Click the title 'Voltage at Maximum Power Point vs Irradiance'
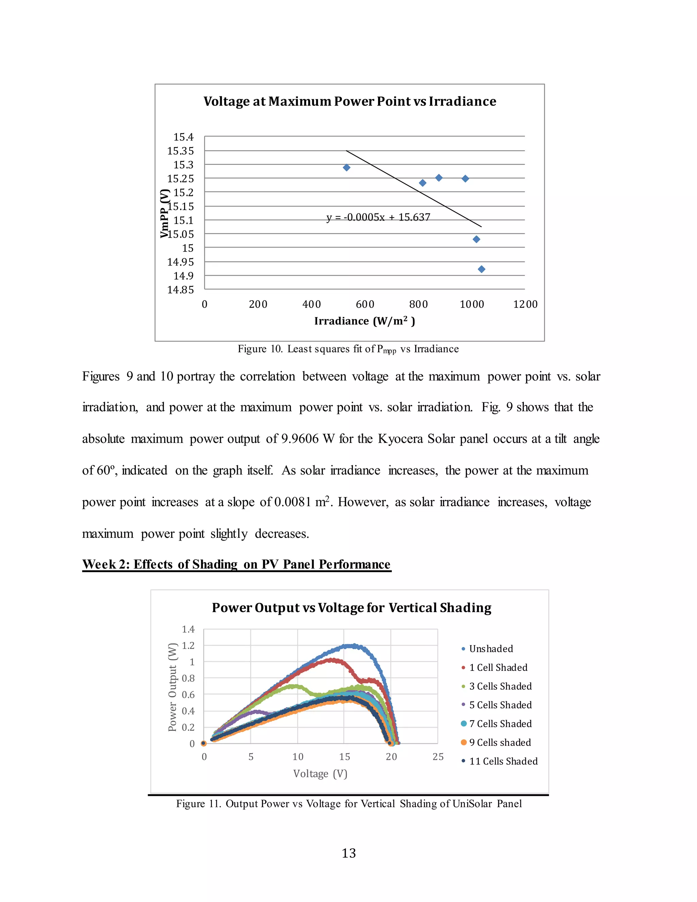pos(350,101)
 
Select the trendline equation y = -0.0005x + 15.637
pos(378,217)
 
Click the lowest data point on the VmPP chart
pos(482,269)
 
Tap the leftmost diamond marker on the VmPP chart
pos(347,168)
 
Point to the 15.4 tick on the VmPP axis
pos(183,137)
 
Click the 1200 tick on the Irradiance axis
pos(525,304)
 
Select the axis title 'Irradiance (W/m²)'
pos(364,321)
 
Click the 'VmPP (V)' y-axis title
pos(165,213)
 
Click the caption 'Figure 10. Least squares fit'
pos(348,349)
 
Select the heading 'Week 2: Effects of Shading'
pos(236,564)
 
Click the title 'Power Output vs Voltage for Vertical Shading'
pos(351,608)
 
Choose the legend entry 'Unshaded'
pos(491,649)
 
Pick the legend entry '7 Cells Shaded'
pos(500,724)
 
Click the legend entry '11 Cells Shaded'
pos(503,761)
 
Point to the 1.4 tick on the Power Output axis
pos(188,629)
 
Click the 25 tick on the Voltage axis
pos(438,757)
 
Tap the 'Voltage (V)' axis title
pos(320,774)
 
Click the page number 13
pos(348,853)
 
